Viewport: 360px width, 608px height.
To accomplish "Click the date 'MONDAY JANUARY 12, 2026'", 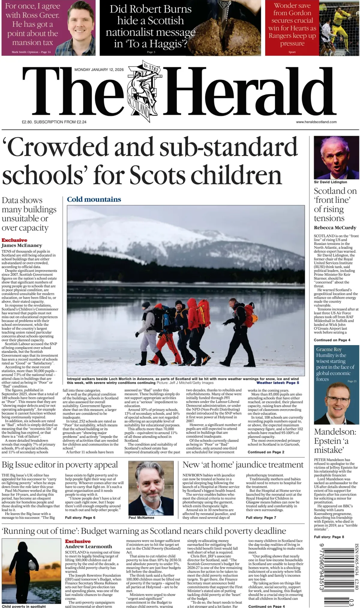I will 99,70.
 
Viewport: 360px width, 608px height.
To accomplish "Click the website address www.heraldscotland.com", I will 316,122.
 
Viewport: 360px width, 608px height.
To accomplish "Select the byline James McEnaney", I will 22,245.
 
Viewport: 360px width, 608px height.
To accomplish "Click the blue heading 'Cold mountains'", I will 94,199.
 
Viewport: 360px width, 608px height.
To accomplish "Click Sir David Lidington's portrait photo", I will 336,157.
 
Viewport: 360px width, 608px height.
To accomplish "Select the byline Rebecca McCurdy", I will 335,227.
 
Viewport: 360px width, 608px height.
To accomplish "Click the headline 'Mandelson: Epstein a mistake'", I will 335,441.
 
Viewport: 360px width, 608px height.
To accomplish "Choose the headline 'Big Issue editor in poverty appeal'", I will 60,465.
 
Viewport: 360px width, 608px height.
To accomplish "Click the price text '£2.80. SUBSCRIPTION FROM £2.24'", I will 54,122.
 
